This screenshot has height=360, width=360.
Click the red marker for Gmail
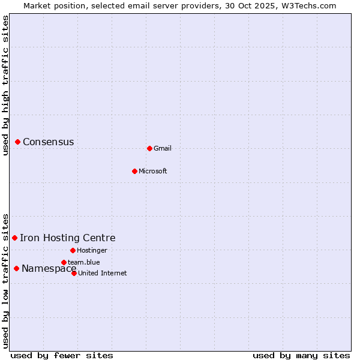pyautogui.click(x=149, y=148)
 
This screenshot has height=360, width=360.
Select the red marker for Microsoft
pyautogui.click(x=134, y=171)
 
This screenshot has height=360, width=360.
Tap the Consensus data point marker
pyautogui.click(x=18, y=142)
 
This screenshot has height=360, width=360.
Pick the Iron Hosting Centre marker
pyautogui.click(x=15, y=238)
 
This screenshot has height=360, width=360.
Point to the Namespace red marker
pyautogui.click(x=16, y=268)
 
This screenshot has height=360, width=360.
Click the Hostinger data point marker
pyautogui.click(x=73, y=250)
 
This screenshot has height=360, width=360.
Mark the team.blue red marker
pyautogui.click(x=64, y=262)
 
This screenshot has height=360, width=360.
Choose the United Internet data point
pyautogui.click(x=74, y=273)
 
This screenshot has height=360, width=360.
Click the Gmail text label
pyautogui.click(x=163, y=148)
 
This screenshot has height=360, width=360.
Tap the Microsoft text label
pyautogui.click(x=153, y=171)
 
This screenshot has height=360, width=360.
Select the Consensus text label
pyautogui.click(x=49, y=142)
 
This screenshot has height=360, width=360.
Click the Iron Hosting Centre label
pyautogui.click(x=68, y=238)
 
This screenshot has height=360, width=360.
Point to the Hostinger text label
pyautogui.click(x=92, y=250)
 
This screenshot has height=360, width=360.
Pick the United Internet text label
pyautogui.click(x=103, y=273)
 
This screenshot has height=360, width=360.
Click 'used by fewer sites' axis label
pyautogui.click(x=62, y=355)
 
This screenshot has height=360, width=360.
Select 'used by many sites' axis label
pyautogui.click(x=301, y=355)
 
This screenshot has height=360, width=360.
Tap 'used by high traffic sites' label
pyautogui.click(x=5, y=86)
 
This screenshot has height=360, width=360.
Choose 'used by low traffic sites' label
pyautogui.click(x=5, y=280)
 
